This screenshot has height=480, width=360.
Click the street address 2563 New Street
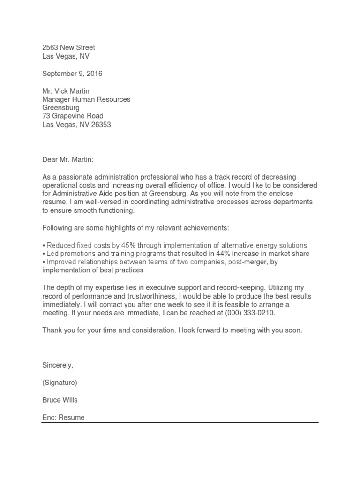click(x=68, y=47)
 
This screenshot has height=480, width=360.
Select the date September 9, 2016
click(x=72, y=74)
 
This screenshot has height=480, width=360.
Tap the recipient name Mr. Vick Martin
click(x=66, y=91)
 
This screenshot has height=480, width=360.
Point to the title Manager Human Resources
click(x=86, y=99)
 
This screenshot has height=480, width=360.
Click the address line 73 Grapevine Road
click(x=73, y=116)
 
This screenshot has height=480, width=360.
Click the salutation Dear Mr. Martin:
click(x=68, y=160)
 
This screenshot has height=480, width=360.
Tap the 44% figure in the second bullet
click(x=216, y=254)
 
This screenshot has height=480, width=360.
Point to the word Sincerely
click(x=58, y=365)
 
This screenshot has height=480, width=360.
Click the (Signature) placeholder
click(x=60, y=382)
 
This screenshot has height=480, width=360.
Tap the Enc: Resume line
click(x=63, y=417)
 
